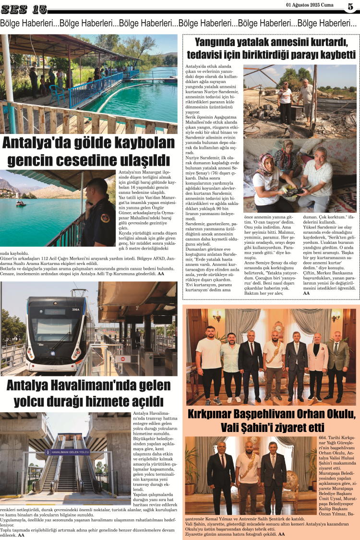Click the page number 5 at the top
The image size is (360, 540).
point(350,7)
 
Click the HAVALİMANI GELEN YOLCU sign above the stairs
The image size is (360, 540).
point(68,452)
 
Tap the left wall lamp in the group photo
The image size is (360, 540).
point(217,317)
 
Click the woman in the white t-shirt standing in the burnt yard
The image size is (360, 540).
point(285,101)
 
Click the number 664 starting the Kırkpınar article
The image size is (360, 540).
point(324,437)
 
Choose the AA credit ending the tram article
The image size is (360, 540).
point(21,535)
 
